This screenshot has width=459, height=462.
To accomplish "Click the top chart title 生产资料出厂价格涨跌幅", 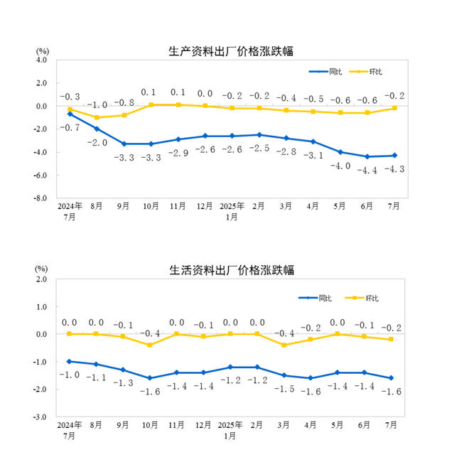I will pyautogui.click(x=232, y=51).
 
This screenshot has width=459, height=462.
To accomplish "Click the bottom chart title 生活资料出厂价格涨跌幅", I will pyautogui.click(x=232, y=270).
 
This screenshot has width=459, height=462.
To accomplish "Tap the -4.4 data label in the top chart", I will pyautogui.click(x=367, y=170).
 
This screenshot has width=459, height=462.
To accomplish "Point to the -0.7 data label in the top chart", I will pyautogui.click(x=70, y=127).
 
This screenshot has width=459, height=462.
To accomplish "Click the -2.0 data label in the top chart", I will pyautogui.click(x=97, y=143).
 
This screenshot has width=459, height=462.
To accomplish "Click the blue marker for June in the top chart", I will pyautogui.click(x=367, y=156).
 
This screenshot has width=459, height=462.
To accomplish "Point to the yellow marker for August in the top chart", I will pyautogui.click(x=97, y=117).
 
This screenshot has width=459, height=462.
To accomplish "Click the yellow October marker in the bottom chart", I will pyautogui.click(x=151, y=345).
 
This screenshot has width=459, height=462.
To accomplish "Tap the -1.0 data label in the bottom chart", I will pyautogui.click(x=70, y=375).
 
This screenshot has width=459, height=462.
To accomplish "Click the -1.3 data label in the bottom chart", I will pyautogui.click(x=124, y=383).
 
